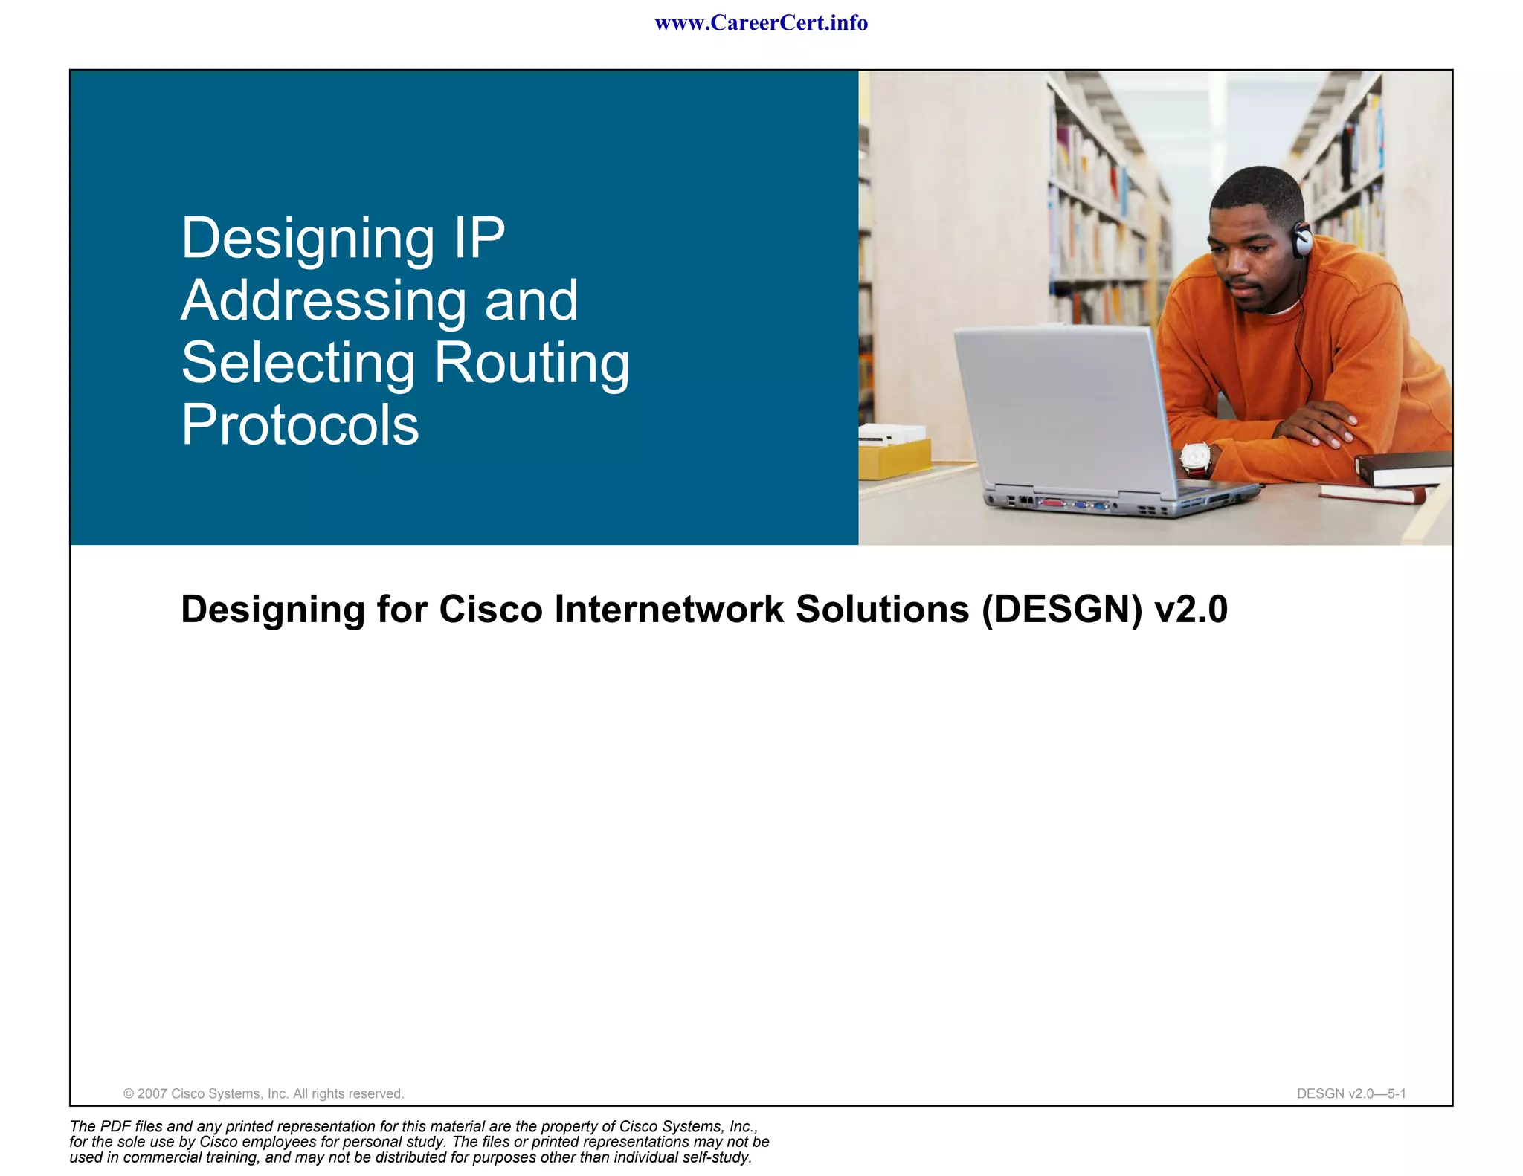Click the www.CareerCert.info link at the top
point(761,23)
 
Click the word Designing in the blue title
point(307,239)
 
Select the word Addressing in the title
point(323,302)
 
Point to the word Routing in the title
point(531,364)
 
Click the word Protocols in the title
point(300,425)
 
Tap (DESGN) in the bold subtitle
point(1061,610)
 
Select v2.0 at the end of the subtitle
point(1191,610)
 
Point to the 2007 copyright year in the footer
point(152,1093)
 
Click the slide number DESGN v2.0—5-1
point(1350,1093)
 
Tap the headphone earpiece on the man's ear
point(1302,239)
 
